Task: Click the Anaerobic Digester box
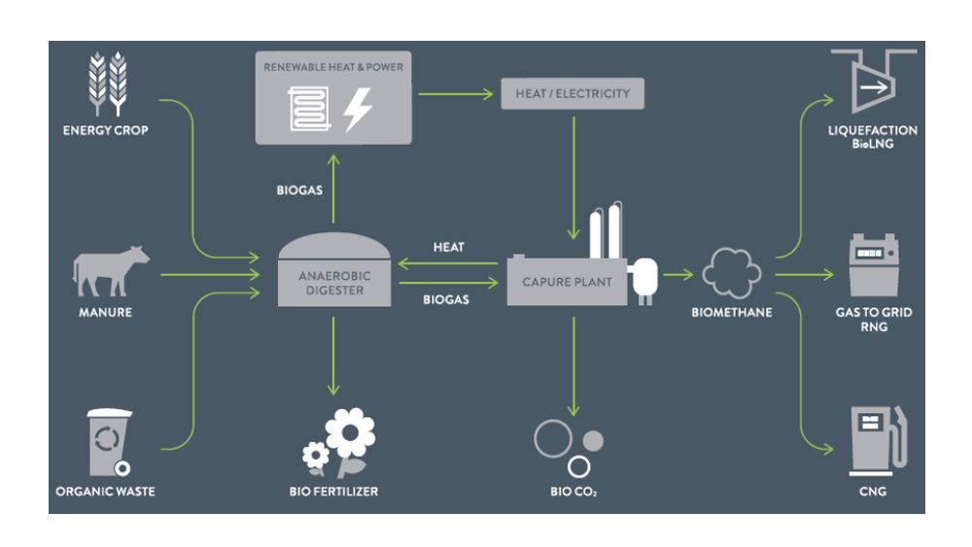[x=334, y=282]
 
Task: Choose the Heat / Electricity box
[x=572, y=94]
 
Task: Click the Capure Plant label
[x=568, y=282]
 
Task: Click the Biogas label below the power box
[x=299, y=190]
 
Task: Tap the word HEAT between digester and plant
[x=448, y=248]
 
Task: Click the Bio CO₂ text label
[x=573, y=492]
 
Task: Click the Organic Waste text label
[x=105, y=492]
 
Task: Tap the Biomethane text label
[x=731, y=313]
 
